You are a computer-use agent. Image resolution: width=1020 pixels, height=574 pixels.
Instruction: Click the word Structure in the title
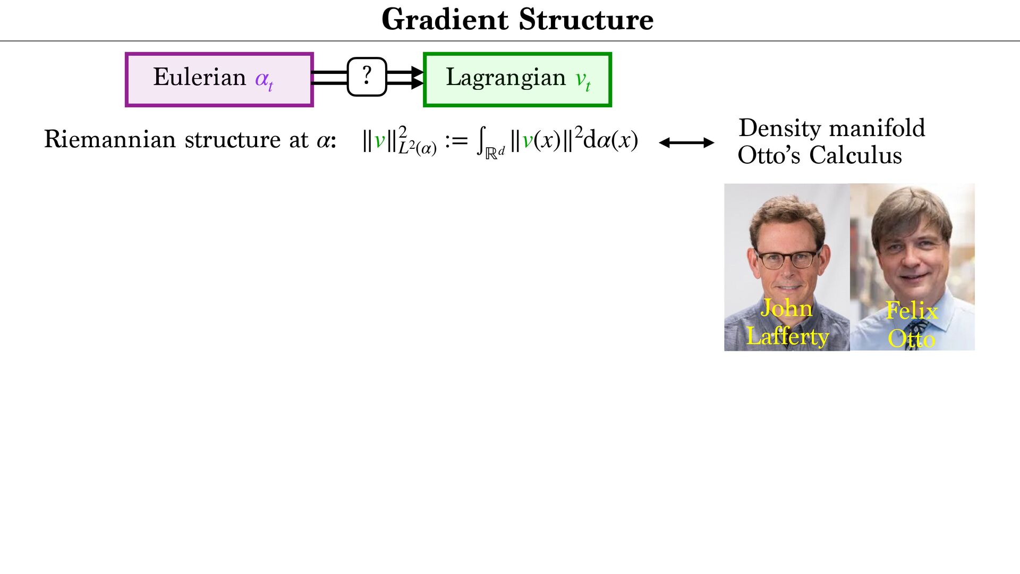click(586, 20)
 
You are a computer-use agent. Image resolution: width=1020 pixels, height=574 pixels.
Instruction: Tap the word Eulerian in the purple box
click(200, 78)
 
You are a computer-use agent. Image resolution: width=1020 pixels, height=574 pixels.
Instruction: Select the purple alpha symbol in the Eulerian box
click(262, 79)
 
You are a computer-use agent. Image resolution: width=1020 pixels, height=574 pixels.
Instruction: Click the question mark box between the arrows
click(367, 77)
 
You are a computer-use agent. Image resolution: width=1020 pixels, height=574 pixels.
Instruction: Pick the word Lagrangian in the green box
click(506, 78)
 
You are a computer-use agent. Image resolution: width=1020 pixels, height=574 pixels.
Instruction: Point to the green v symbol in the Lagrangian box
click(581, 79)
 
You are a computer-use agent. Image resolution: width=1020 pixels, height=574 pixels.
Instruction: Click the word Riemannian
click(110, 140)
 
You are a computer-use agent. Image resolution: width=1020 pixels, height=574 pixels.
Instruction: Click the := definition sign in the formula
click(456, 141)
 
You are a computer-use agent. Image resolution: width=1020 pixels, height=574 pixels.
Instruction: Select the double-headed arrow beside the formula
click(686, 142)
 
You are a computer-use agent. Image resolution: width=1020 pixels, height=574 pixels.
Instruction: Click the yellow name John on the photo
click(786, 308)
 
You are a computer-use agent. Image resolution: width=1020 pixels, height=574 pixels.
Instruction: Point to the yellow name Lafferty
click(787, 336)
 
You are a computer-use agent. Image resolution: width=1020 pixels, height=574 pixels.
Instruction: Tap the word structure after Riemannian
click(233, 140)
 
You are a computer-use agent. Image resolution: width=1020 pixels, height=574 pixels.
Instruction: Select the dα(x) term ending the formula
click(610, 140)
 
